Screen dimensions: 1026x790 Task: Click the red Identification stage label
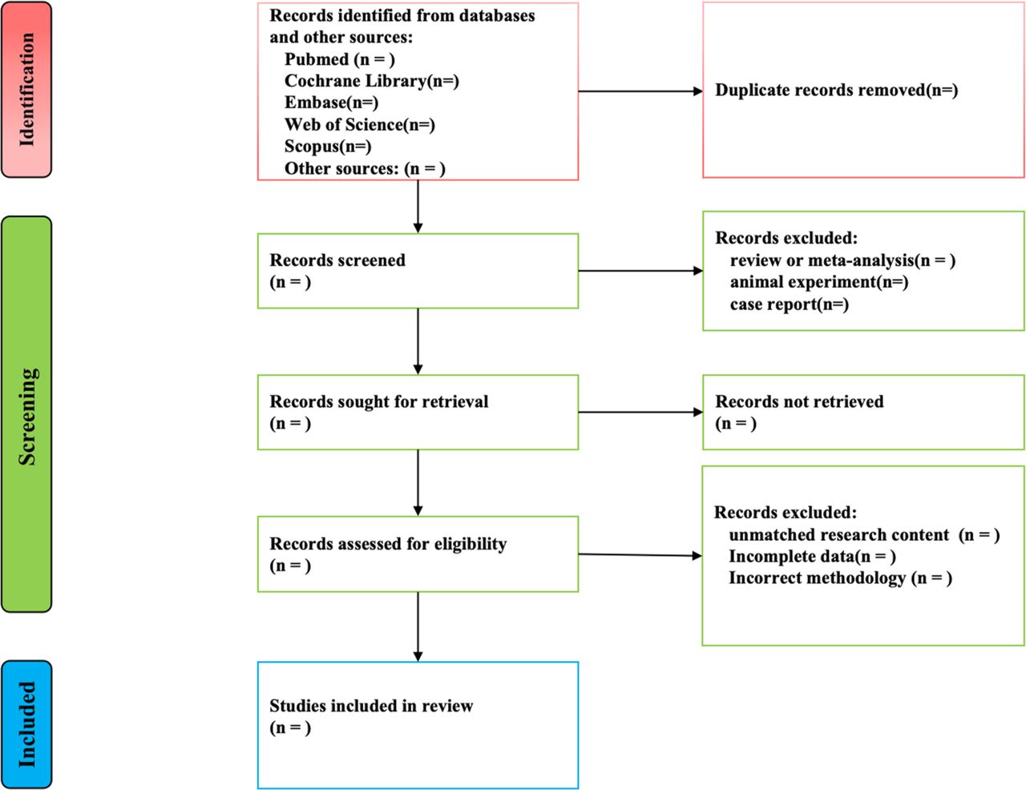pyautogui.click(x=26, y=89)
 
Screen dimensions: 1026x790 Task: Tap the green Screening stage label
pyautogui.click(x=26, y=414)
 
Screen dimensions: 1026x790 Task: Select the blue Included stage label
pyautogui.click(x=26, y=724)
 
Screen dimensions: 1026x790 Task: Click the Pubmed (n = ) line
pyautogui.click(x=340, y=59)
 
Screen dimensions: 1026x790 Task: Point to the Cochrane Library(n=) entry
pyautogui.click(x=372, y=81)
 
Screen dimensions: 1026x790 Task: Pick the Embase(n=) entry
pyautogui.click(x=332, y=103)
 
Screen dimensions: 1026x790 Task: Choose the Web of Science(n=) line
pyautogui.click(x=360, y=125)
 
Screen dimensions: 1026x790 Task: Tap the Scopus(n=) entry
pyautogui.click(x=328, y=147)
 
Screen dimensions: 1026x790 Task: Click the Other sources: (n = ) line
pyautogui.click(x=365, y=168)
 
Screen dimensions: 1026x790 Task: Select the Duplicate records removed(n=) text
pyautogui.click(x=837, y=91)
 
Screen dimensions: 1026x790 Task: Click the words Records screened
pyautogui.click(x=337, y=260)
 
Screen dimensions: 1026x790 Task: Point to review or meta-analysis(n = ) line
pyautogui.click(x=842, y=260)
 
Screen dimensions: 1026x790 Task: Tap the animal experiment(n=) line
pyautogui.click(x=819, y=282)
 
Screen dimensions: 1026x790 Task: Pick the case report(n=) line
pyautogui.click(x=790, y=304)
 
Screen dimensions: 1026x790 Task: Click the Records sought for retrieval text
pyautogui.click(x=378, y=401)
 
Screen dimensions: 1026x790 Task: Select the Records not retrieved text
pyautogui.click(x=799, y=401)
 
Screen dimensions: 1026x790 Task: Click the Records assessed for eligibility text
pyautogui.click(x=388, y=544)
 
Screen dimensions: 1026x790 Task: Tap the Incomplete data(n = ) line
pyautogui.click(x=813, y=556)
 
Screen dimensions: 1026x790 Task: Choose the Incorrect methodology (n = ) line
pyautogui.click(x=841, y=578)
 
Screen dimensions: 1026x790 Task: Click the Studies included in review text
pyautogui.click(x=371, y=706)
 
